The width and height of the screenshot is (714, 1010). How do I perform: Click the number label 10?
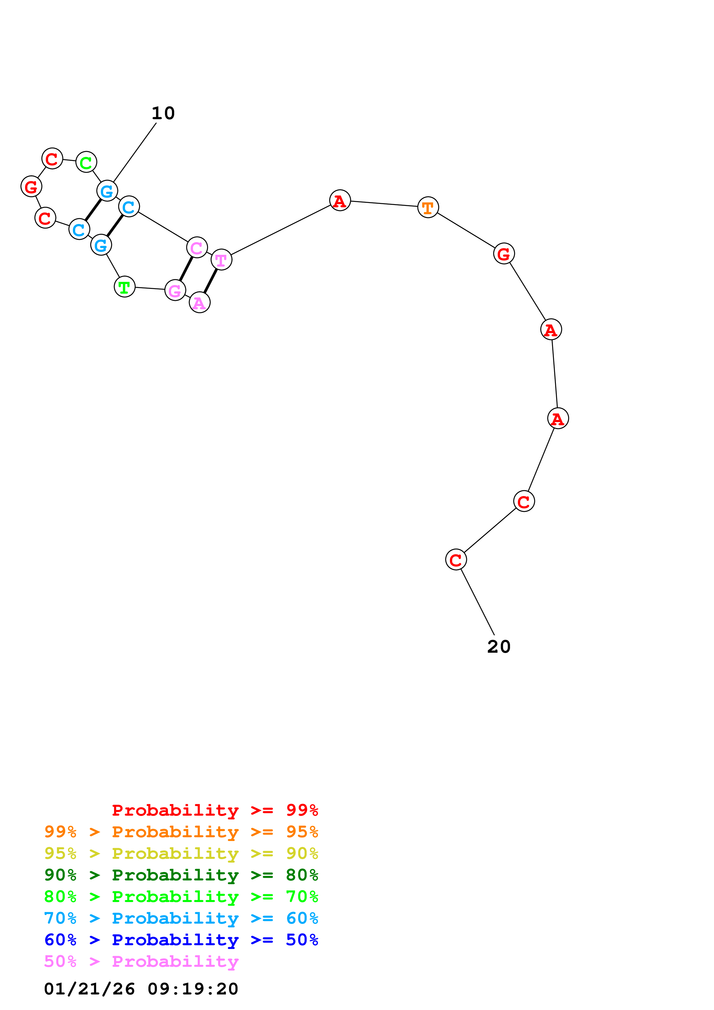[163, 113]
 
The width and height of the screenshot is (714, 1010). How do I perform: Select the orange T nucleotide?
[428, 207]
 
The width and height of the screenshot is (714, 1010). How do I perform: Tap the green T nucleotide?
[124, 287]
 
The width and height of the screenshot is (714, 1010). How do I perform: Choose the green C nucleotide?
[86, 162]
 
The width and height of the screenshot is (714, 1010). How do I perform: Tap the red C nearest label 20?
[455, 560]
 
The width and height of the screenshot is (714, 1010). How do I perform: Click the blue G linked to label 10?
[107, 191]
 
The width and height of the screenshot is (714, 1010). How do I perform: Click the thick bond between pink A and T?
[210, 281]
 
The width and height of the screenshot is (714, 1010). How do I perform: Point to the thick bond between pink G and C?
[186, 269]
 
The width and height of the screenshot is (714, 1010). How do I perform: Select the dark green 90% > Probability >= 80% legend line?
[181, 875]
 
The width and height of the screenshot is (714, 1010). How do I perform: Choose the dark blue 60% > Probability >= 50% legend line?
[181, 940]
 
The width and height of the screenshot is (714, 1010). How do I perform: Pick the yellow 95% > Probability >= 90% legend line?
[181, 853]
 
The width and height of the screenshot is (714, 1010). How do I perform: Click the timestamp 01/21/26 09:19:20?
[141, 989]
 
